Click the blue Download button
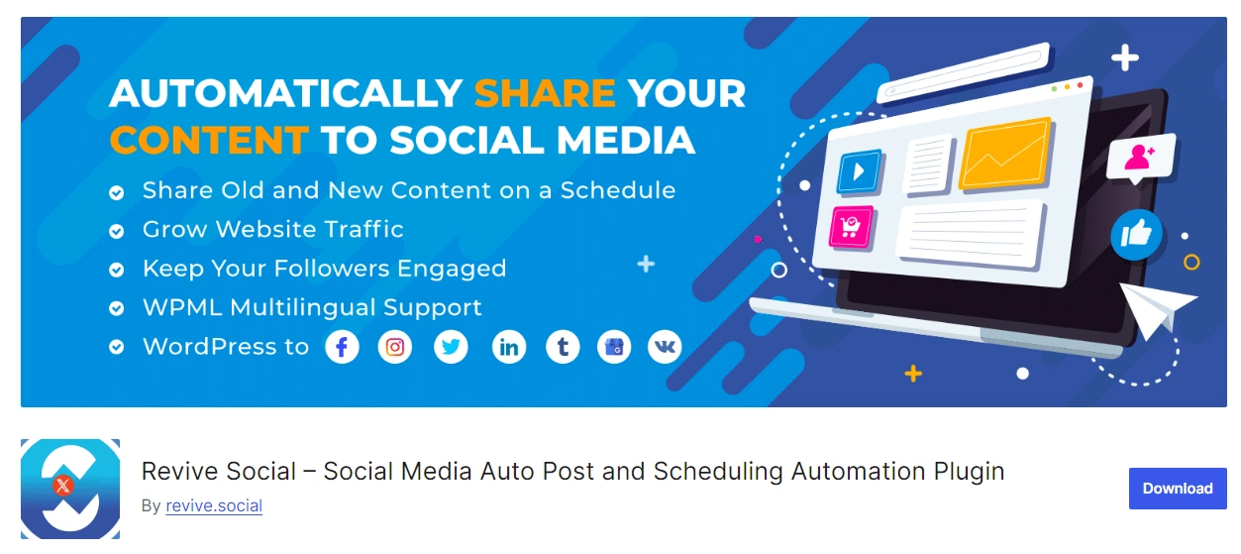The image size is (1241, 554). [x=1178, y=488]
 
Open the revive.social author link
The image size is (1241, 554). [x=214, y=505]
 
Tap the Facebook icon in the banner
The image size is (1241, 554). [x=342, y=347]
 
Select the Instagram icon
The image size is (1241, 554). [x=395, y=347]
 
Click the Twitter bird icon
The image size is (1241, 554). [x=451, y=347]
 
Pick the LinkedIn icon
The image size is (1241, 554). [x=509, y=347]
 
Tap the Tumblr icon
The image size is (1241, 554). [x=563, y=347]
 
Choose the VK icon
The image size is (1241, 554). [x=665, y=347]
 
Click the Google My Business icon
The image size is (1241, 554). [x=614, y=347]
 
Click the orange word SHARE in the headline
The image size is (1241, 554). [x=545, y=93]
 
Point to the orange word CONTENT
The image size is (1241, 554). [x=209, y=140]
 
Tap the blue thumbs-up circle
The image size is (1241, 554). [x=1136, y=235]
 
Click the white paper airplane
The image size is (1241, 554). [x=1156, y=308]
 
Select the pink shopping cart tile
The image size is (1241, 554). [x=851, y=226]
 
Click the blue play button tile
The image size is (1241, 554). [x=860, y=171]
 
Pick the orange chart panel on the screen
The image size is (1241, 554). [x=1005, y=154]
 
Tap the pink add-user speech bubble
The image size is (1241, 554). [x=1141, y=158]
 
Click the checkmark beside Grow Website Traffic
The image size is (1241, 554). [x=116, y=231]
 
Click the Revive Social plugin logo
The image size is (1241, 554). [x=70, y=489]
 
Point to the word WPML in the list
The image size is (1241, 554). [x=183, y=307]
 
